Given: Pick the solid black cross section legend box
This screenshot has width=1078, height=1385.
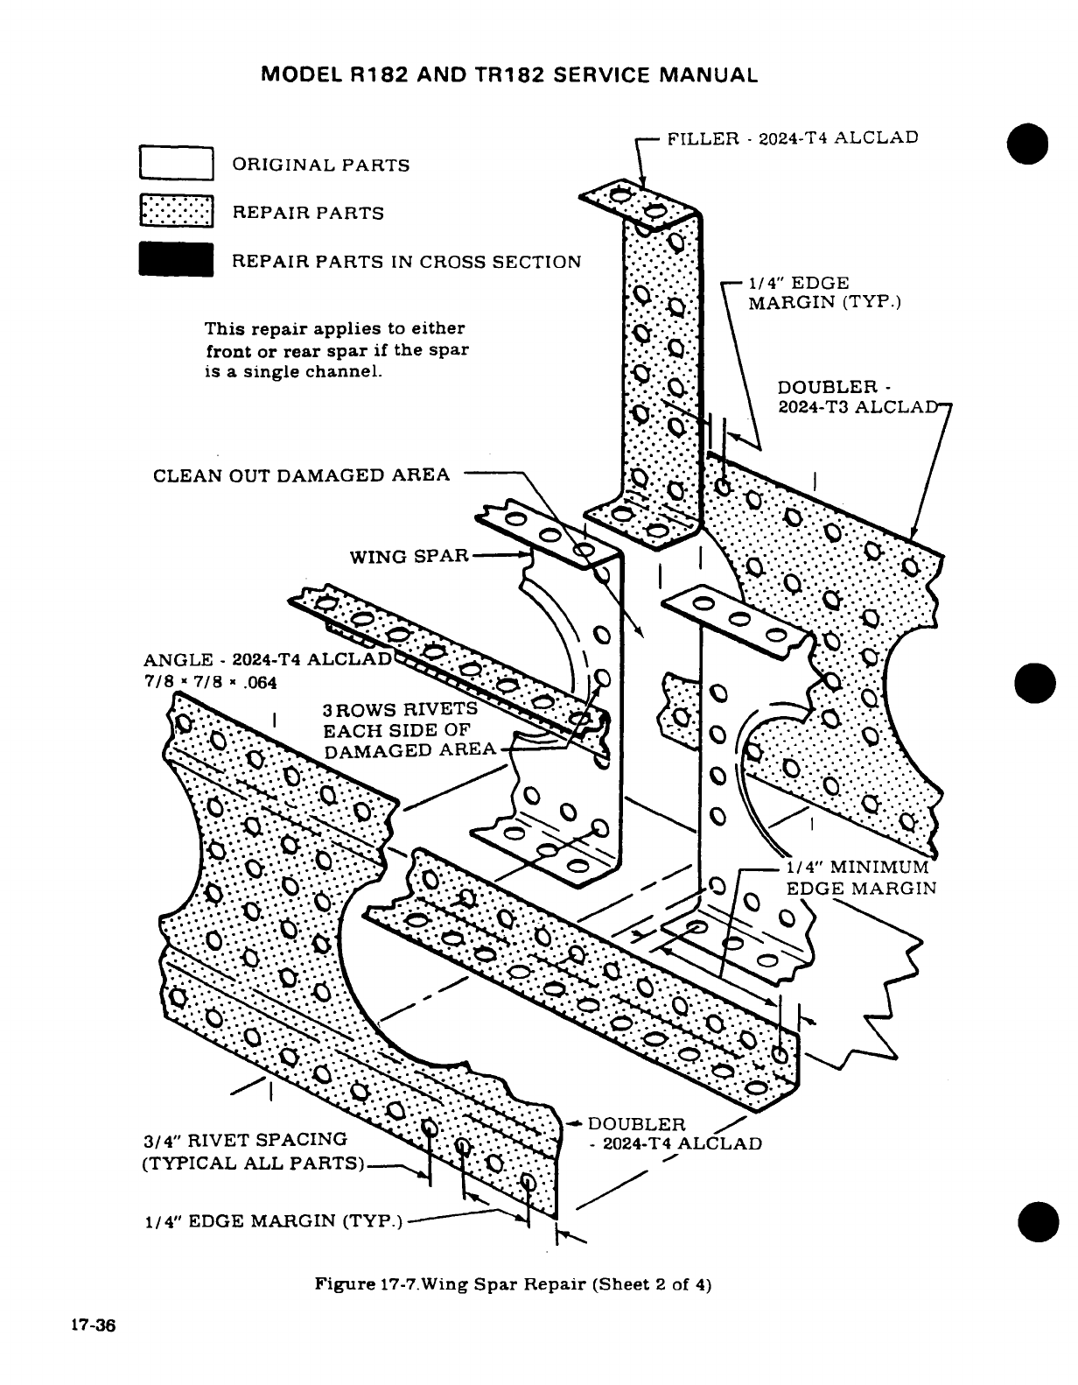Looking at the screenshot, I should coord(176,261).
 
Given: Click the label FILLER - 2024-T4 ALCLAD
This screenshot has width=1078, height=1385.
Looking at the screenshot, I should coord(793,138).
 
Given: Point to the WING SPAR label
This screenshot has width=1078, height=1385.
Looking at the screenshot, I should coord(409,556).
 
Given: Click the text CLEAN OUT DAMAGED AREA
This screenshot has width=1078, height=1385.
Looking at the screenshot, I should coord(301,475).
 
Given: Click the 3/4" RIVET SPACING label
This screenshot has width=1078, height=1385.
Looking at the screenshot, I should coord(245,1139).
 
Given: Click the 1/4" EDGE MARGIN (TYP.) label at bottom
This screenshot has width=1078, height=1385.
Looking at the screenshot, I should coord(271,1221).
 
